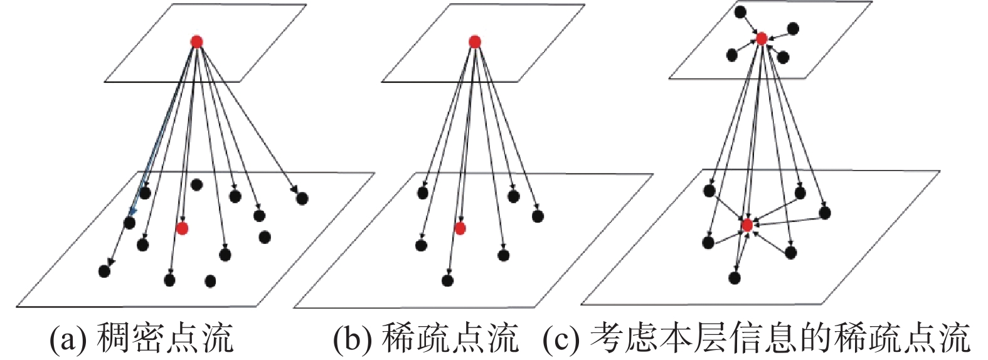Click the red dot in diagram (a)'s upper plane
196,42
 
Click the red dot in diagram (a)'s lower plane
182,228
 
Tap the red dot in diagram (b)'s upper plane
474,42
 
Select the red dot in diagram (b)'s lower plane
460,228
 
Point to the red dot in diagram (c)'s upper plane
762,39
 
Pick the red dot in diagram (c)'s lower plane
746,225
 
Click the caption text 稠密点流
166,339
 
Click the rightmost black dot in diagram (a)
302,199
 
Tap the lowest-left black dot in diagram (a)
104,271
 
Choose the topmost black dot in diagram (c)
740,11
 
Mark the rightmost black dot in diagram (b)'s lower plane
537,216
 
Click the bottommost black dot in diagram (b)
447,280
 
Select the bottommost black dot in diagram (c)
735,278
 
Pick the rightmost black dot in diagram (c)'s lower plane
825,213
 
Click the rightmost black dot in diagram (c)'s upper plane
793,28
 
